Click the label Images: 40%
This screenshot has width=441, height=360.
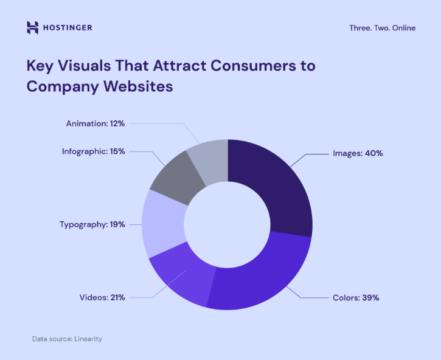pyautogui.click(x=358, y=153)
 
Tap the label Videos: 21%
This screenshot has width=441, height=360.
pyautogui.click(x=102, y=297)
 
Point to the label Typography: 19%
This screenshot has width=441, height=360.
pyautogui.click(x=92, y=224)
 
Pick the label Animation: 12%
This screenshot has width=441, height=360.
pyautogui.click(x=95, y=123)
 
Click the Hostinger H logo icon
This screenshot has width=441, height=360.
pyautogui.click(x=33, y=27)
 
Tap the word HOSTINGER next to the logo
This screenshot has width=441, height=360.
pyautogui.click(x=68, y=27)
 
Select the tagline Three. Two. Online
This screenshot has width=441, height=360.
pyautogui.click(x=383, y=28)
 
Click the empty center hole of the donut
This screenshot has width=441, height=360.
pyautogui.click(x=227, y=223)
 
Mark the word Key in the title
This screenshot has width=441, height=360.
pyautogui.click(x=40, y=66)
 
